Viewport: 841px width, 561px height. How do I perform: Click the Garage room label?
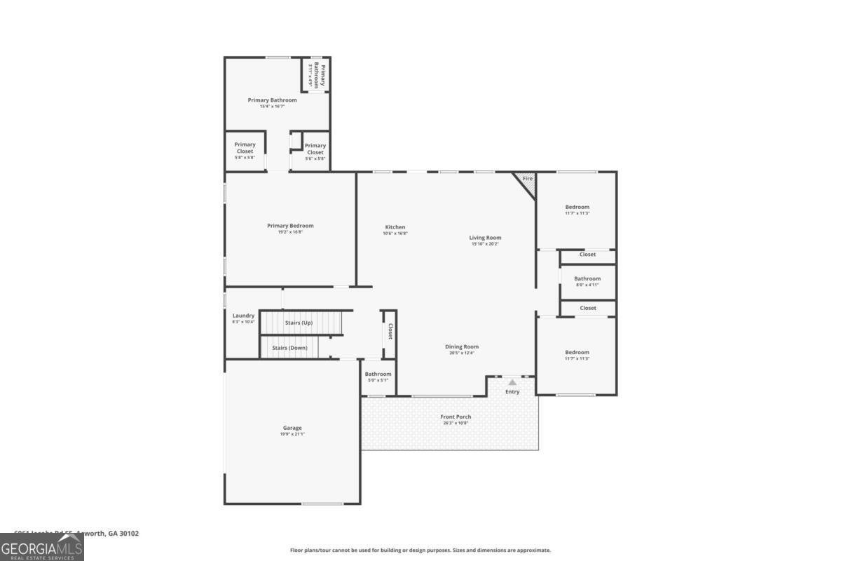[x=292, y=428]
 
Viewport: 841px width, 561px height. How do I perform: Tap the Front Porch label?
[x=456, y=417]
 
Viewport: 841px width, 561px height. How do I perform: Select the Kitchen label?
[x=395, y=227]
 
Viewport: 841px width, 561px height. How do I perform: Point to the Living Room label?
[x=485, y=238]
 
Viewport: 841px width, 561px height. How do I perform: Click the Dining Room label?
[x=462, y=346]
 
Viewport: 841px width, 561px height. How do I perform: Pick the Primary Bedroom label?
[x=290, y=226]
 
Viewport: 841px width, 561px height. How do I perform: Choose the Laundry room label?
[x=243, y=316]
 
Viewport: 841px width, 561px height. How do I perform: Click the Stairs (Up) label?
[x=299, y=323]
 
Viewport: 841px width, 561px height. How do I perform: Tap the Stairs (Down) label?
[x=289, y=348]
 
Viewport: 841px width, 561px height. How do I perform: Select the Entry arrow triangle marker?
[x=512, y=382]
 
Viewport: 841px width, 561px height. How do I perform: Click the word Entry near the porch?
[x=512, y=391]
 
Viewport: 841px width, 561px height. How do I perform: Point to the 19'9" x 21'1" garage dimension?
[x=292, y=435]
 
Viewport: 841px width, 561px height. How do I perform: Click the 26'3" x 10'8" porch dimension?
[x=456, y=424]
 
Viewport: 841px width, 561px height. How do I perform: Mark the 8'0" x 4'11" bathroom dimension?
[x=587, y=285]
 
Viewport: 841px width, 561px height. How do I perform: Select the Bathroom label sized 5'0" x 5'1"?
[x=378, y=374]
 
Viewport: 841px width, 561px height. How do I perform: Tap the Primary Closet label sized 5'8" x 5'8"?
[x=245, y=147]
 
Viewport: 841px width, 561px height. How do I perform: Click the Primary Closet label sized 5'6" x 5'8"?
[x=315, y=149]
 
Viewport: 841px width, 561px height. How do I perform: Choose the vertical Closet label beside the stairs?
[x=390, y=332]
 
